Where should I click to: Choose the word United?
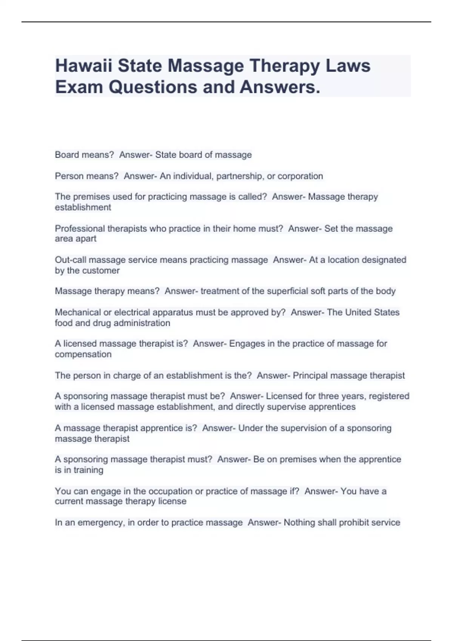pyautogui.click(x=358, y=312)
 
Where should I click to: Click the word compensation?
pyautogui.click(x=83, y=354)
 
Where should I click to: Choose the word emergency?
pyautogui.click(x=100, y=523)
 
